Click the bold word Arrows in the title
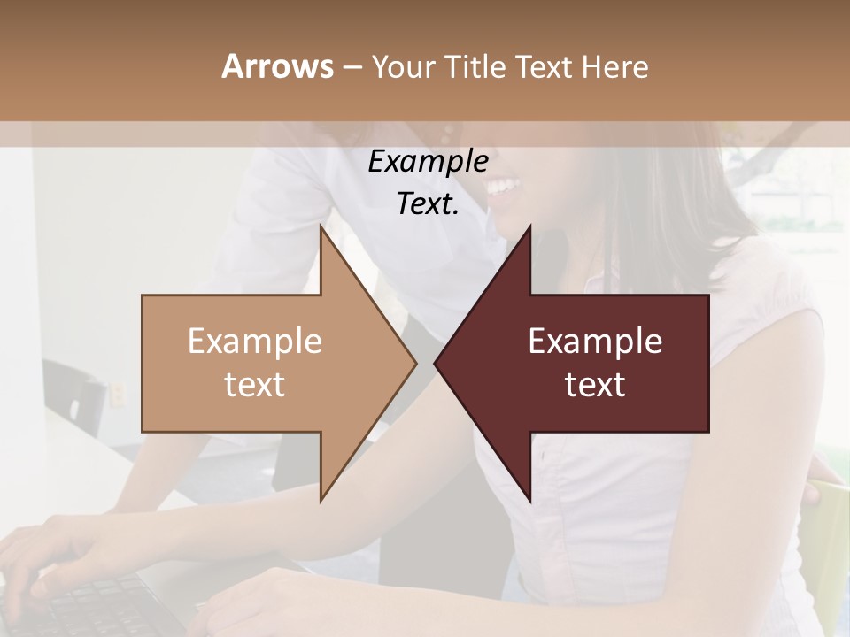tap(277, 66)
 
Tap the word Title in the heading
tap(478, 66)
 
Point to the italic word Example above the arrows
tap(428, 162)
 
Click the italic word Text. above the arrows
tap(428, 204)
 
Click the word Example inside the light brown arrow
tap(255, 342)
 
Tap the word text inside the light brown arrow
tap(255, 385)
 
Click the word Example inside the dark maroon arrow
tap(595, 342)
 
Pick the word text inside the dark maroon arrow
tap(595, 385)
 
